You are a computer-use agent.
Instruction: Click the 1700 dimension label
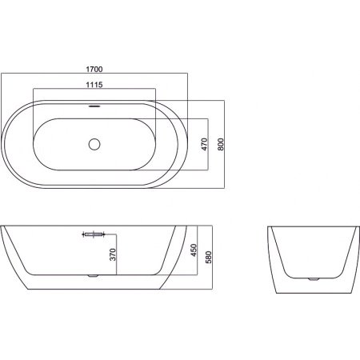click(x=94, y=70)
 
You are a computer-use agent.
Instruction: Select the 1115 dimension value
click(x=94, y=85)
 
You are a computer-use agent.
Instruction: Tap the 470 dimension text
click(x=205, y=144)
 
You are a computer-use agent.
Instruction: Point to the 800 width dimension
click(x=221, y=144)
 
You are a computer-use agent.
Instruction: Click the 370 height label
click(x=113, y=254)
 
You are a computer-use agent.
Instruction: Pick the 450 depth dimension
click(x=194, y=250)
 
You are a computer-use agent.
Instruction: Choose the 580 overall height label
click(x=209, y=257)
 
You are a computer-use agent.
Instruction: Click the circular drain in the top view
click(x=94, y=144)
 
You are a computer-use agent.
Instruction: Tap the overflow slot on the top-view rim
click(x=94, y=106)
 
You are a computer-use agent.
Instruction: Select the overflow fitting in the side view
click(x=93, y=234)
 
